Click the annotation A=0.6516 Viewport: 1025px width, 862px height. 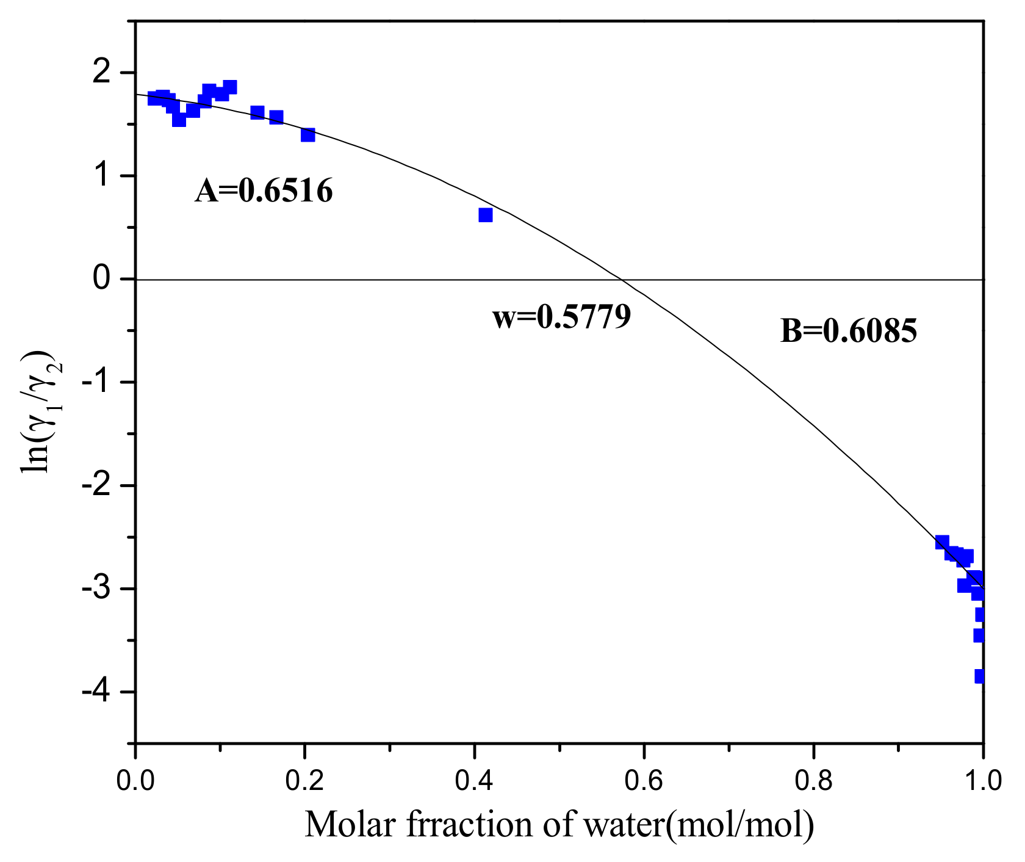tap(264, 191)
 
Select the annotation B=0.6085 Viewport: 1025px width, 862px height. tap(849, 331)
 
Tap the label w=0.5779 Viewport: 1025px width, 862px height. tap(561, 317)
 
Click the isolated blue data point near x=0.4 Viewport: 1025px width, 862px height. tap(486, 215)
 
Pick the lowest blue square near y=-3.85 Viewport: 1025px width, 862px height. tap(980, 676)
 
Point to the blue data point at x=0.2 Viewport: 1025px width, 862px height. tap(308, 135)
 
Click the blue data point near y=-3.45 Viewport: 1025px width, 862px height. tap(979, 636)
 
